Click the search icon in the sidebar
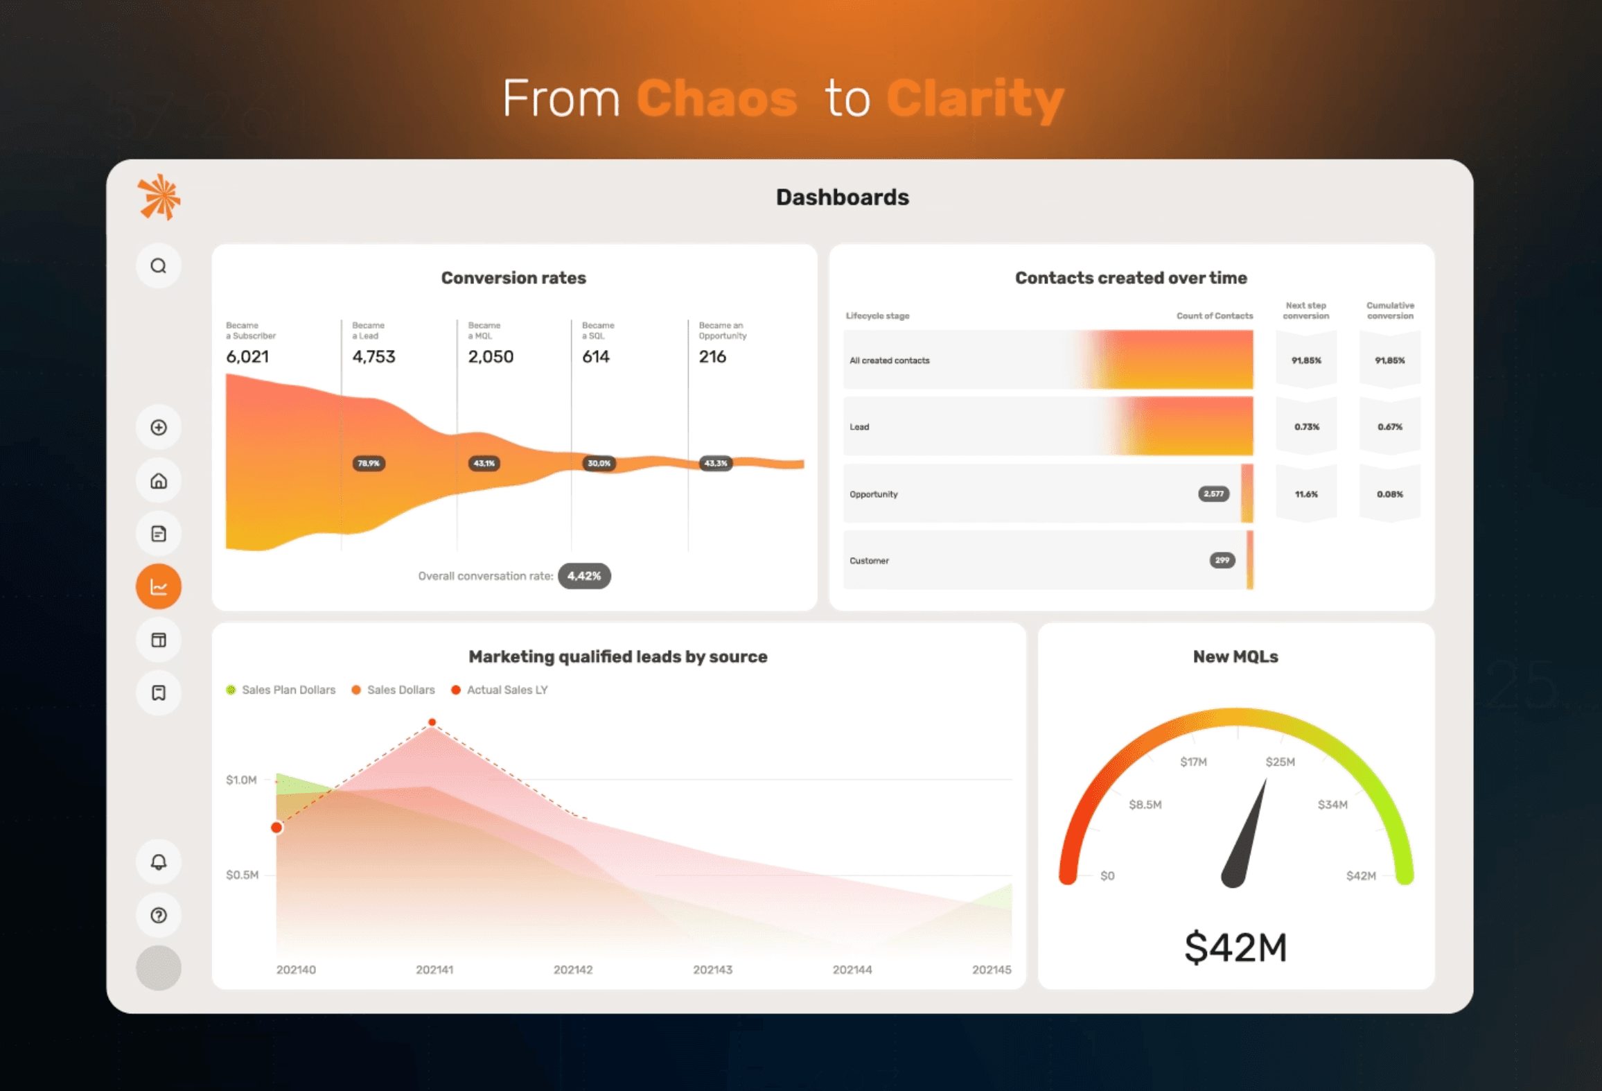tap(159, 266)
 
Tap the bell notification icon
tap(159, 862)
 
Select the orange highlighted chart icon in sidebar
tap(159, 587)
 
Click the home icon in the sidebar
tap(159, 480)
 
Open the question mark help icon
tap(159, 915)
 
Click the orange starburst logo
tap(159, 198)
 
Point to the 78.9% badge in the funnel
tap(369, 463)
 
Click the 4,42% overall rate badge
tap(584, 576)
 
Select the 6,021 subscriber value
tap(247, 356)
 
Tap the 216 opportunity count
tap(712, 356)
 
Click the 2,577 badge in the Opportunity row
tap(1213, 494)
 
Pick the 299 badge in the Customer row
tap(1222, 560)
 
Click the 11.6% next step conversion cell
tap(1306, 494)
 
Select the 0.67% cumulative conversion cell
tap(1390, 427)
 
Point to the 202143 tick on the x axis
tap(712, 970)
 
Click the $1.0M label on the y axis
tap(241, 780)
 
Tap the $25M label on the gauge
tap(1280, 762)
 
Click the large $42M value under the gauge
tap(1235, 948)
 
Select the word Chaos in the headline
tap(716, 98)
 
